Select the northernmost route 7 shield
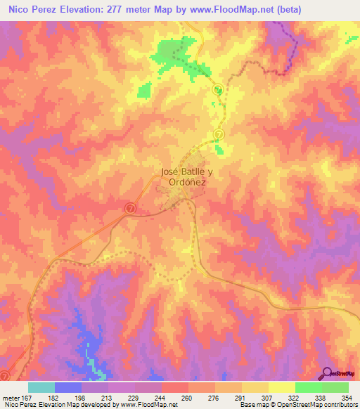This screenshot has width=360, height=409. point(218,89)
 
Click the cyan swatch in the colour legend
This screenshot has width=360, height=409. point(41,387)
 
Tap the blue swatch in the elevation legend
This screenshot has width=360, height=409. point(68,387)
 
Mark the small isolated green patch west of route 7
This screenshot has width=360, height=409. point(144,90)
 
